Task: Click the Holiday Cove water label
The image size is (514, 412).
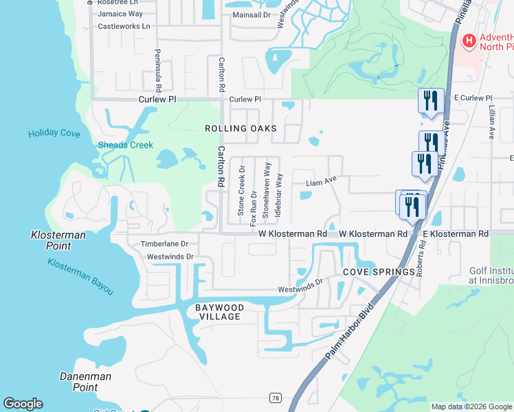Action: click(54, 133)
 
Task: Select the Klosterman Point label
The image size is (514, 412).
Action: click(58, 240)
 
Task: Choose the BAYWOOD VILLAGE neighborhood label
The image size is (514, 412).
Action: click(218, 312)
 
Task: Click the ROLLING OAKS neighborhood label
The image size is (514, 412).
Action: click(241, 128)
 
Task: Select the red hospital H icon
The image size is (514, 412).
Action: click(469, 41)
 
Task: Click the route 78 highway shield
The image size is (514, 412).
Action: click(276, 398)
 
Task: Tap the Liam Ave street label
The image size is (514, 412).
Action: click(321, 183)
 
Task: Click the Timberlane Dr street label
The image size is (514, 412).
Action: click(164, 244)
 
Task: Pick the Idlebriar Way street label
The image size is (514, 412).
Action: click(279, 195)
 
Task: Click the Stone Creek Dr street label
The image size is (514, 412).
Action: click(241, 191)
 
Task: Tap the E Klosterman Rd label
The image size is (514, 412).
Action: click(456, 234)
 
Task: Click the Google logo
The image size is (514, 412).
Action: click(23, 404)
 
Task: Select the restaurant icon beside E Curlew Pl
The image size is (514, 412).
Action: click(431, 101)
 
